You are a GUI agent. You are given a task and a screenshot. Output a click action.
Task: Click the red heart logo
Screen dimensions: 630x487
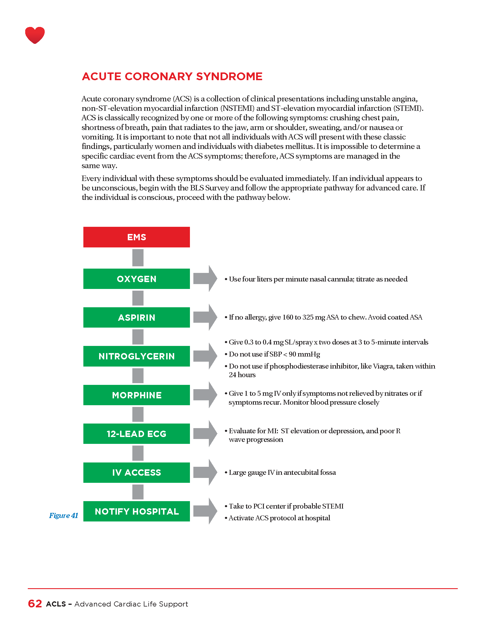tap(35, 35)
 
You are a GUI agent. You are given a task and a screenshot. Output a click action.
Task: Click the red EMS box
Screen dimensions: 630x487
tap(136, 237)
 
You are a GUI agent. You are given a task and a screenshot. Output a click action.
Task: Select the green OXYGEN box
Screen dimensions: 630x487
tap(136, 279)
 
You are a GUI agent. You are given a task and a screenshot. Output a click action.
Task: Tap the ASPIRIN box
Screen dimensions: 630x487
tap(136, 318)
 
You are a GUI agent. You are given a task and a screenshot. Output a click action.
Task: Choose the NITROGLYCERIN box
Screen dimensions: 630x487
tap(136, 356)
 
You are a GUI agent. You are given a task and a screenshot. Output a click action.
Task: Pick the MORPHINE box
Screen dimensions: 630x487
tap(136, 395)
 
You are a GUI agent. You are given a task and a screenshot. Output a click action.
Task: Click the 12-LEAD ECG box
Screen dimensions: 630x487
tap(136, 434)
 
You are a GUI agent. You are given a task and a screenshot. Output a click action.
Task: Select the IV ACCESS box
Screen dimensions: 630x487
tap(136, 472)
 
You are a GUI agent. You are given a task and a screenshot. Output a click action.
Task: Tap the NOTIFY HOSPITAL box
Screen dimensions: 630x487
tap(136, 511)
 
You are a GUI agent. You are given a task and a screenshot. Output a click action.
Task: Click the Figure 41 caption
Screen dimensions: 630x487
tap(64, 515)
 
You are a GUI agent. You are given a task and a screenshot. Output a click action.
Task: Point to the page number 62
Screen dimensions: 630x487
tap(35, 604)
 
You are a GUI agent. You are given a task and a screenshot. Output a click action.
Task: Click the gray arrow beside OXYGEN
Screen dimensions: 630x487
tap(205, 279)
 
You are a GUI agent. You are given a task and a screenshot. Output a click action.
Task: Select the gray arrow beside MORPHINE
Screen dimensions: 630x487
tap(205, 395)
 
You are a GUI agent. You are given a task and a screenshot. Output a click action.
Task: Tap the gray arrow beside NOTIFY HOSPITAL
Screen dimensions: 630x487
tap(205, 511)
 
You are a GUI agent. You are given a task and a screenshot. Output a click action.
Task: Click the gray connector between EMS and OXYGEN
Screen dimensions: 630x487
tap(138, 258)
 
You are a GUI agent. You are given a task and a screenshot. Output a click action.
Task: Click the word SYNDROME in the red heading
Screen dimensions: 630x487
tap(229, 76)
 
